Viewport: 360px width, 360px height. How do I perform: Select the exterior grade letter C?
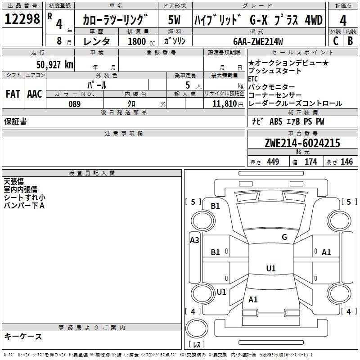coord(335,40)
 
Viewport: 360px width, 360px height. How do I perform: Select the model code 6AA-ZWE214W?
coord(258,41)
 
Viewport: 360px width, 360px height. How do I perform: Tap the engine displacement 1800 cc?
coord(138,41)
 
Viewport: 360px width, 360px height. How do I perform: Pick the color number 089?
coord(74,104)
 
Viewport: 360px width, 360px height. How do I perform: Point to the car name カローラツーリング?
coord(116,20)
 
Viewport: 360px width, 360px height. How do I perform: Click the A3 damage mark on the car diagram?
coord(194,240)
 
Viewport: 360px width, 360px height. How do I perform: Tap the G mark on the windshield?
coord(284,237)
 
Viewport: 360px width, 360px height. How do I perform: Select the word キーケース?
coord(23,336)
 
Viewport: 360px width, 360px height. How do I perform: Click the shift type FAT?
coord(13,94)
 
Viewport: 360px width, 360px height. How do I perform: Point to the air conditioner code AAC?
coord(34,94)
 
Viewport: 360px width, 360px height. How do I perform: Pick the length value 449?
coord(271,162)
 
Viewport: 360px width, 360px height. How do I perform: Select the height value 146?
coord(346,162)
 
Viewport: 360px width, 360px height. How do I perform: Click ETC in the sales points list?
coord(253,79)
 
